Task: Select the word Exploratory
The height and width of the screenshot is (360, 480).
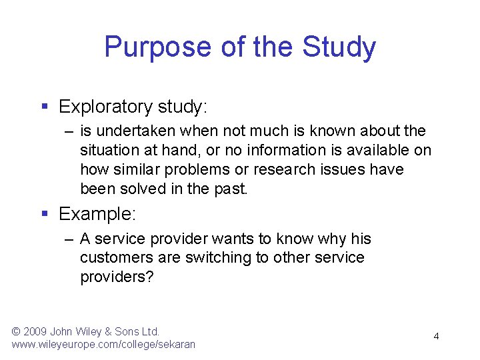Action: point(106,107)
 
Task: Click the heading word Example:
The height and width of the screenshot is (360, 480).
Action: point(97,214)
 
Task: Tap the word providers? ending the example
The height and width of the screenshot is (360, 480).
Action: point(117,277)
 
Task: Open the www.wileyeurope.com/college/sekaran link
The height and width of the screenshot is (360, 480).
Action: point(103,344)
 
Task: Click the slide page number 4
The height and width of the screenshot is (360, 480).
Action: point(436,336)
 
